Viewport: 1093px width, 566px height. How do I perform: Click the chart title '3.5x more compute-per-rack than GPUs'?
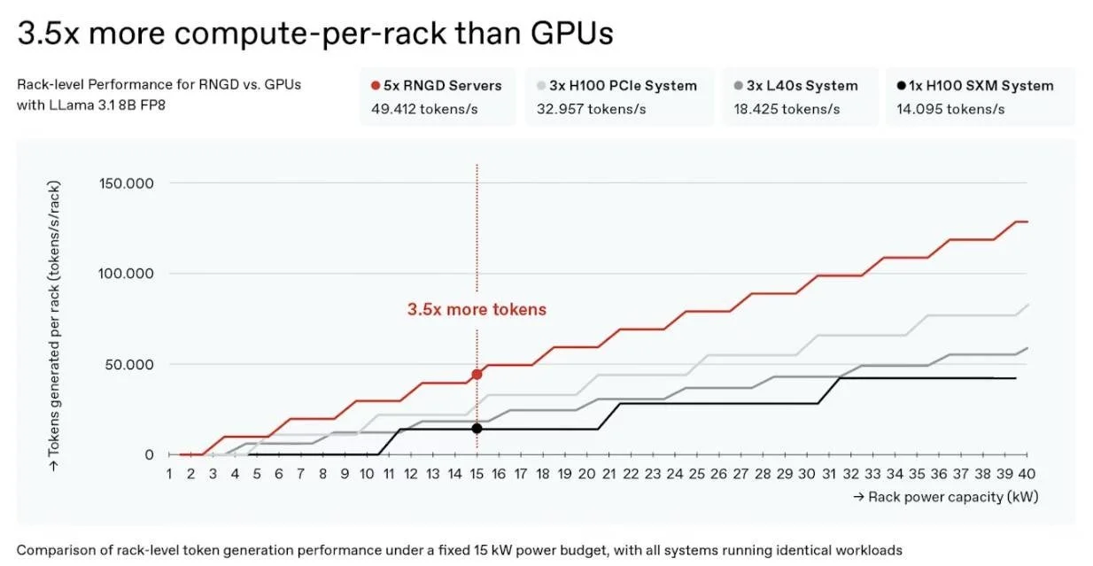coord(315,33)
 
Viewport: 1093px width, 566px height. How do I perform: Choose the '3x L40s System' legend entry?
coord(802,86)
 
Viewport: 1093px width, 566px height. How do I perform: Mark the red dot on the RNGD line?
coord(477,374)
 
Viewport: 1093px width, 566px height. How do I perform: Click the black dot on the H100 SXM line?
coord(477,428)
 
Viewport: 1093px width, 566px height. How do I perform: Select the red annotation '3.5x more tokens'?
coord(477,310)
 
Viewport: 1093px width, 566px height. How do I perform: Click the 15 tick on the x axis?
coord(477,474)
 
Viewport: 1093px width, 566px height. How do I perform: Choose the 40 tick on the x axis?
coord(1028,474)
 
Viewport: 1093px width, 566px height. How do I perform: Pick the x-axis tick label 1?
coord(169,474)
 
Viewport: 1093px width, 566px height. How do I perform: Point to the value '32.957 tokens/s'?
coord(591,109)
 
